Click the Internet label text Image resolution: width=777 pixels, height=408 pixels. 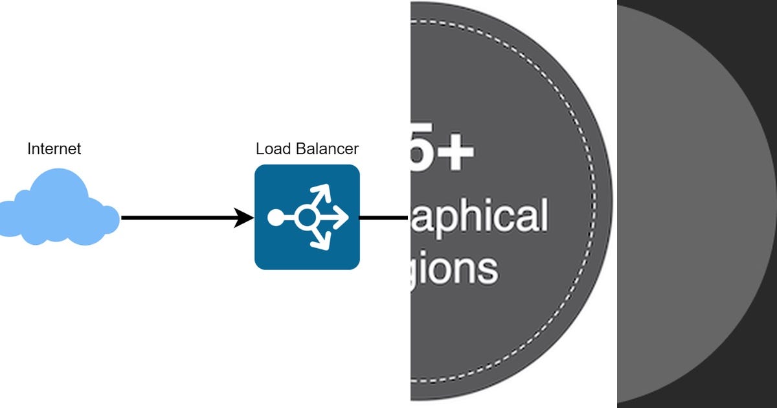pyautogui.click(x=54, y=149)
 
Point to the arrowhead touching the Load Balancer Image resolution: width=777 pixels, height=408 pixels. pyautogui.click(x=244, y=218)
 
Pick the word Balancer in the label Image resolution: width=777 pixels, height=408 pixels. pyautogui.click(x=327, y=149)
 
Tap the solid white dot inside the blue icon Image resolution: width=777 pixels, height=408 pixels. pyautogui.click(x=275, y=218)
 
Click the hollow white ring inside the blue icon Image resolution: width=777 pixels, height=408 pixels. pyautogui.click(x=306, y=218)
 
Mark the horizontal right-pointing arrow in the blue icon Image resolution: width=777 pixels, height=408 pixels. pyautogui.click(x=337, y=218)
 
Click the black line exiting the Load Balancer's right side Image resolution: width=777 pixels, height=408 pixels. pyautogui.click(x=383, y=218)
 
